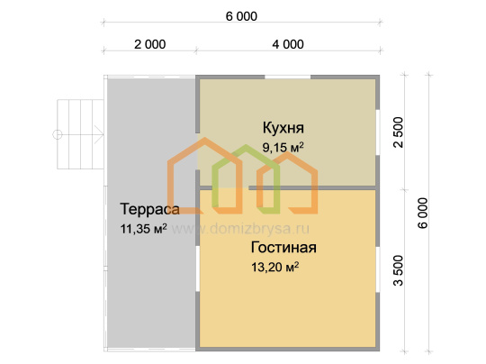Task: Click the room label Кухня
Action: tap(283, 128)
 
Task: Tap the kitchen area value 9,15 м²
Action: tap(283, 148)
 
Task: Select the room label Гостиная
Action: tap(283, 248)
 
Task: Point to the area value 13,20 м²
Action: tap(274, 267)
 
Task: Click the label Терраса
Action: tap(149, 209)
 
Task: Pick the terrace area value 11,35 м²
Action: tap(143, 229)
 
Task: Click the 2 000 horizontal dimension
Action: tap(150, 44)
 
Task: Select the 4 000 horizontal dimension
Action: tap(288, 44)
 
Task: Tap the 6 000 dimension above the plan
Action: tap(241, 16)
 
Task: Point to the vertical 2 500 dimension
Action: tap(399, 132)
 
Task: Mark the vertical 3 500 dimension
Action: tap(399, 270)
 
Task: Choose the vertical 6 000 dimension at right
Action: tap(423, 214)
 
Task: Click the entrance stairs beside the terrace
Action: tap(80, 134)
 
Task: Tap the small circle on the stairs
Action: tap(58, 134)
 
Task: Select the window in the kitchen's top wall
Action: tap(288, 77)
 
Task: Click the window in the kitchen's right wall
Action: tap(378, 132)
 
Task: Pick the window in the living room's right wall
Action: tap(378, 269)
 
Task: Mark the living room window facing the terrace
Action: tap(198, 269)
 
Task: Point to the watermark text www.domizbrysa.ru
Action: tap(240, 229)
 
